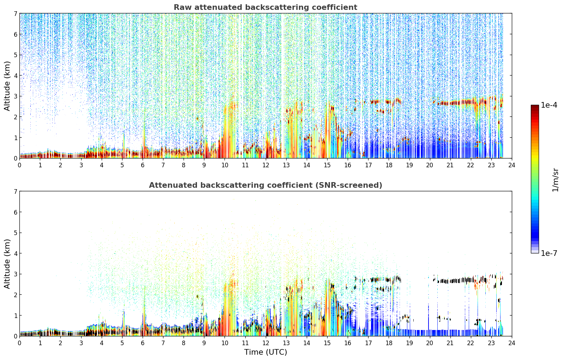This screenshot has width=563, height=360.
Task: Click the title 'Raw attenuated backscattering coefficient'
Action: (x=265, y=7)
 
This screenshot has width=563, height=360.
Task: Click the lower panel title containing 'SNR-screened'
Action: (x=265, y=185)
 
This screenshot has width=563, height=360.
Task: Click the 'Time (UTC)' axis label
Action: (x=265, y=352)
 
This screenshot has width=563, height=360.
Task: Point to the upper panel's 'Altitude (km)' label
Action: (x=7, y=86)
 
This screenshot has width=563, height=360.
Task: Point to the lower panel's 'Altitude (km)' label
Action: (x=7, y=264)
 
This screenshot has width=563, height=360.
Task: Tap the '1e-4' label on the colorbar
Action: (x=549, y=105)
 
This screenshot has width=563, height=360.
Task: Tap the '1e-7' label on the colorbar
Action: (x=549, y=253)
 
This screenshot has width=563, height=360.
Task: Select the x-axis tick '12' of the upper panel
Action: (x=266, y=165)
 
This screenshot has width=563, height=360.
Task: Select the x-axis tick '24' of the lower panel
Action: (x=512, y=343)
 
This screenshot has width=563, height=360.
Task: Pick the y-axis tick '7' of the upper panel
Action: (x=15, y=13)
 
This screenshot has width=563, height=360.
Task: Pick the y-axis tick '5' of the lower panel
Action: (x=15, y=233)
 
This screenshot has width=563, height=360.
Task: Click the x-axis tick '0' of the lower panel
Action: (x=20, y=343)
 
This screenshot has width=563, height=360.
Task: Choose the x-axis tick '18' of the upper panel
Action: (x=389, y=165)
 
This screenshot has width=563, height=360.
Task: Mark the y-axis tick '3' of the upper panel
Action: (x=15, y=96)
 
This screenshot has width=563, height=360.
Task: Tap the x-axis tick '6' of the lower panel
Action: (x=143, y=343)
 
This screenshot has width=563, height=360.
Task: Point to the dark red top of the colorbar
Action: (x=535, y=107)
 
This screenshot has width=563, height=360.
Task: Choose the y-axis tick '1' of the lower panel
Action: (x=15, y=316)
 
